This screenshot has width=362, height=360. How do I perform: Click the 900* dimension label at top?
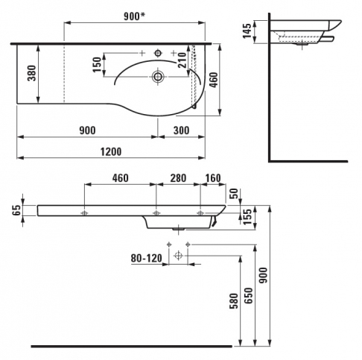(134, 16)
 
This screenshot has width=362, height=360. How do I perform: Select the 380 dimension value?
(32, 73)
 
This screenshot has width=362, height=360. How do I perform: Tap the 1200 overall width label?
(111, 151)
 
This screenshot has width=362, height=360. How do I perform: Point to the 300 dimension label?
(181, 130)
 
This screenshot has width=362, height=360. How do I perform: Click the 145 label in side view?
(247, 31)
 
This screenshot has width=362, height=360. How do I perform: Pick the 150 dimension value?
(97, 65)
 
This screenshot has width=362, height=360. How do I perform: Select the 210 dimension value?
(182, 60)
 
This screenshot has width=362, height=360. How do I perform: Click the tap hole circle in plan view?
(158, 53)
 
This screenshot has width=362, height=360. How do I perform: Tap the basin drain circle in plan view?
(158, 76)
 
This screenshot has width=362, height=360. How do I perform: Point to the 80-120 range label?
(147, 259)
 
